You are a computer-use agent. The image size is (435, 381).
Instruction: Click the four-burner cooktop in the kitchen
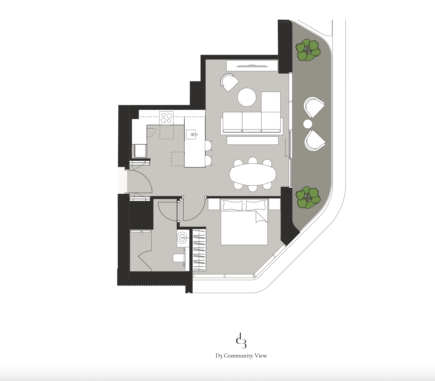click(166, 118)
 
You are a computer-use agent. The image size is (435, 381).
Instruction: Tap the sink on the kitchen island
click(192, 135)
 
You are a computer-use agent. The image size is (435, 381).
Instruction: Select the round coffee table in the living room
click(247, 97)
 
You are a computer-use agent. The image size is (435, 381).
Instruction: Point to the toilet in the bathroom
click(179, 258)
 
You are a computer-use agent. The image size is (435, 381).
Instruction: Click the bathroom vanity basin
click(183, 238)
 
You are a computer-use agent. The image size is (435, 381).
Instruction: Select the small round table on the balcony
click(308, 124)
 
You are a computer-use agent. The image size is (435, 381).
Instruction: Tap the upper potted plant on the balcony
click(308, 50)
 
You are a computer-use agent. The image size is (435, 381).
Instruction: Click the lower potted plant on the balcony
click(308, 198)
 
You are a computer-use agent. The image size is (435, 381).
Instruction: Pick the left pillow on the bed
click(233, 205)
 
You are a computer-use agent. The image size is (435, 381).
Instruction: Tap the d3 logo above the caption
click(241, 340)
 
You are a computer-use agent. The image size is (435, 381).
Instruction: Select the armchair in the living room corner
click(229, 82)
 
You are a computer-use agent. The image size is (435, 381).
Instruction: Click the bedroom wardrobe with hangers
click(199, 249)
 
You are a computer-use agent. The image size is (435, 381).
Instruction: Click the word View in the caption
click(261, 356)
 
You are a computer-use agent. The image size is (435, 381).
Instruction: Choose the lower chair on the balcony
click(315, 140)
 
